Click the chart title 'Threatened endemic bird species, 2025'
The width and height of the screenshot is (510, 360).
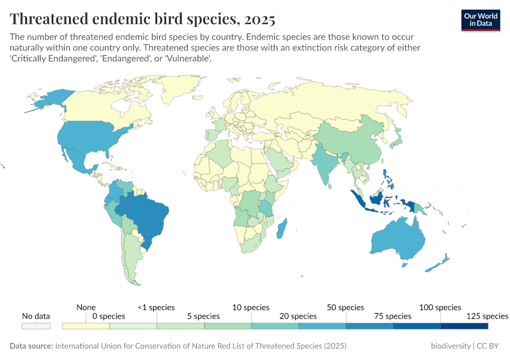pyautogui.click(x=142, y=19)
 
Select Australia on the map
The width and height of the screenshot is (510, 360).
pyautogui.click(x=399, y=240)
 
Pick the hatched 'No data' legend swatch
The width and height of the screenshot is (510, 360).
pyautogui.click(x=36, y=326)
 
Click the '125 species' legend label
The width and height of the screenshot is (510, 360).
pyautogui.click(x=487, y=316)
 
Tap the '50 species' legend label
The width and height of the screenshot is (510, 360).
pyautogui.click(x=346, y=307)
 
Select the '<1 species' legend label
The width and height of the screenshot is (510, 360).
pyautogui.click(x=156, y=307)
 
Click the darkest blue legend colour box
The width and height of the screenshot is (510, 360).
pyautogui.click(x=464, y=326)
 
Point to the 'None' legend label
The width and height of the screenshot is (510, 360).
pyautogui.click(x=86, y=307)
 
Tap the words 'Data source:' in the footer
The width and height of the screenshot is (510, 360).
pyautogui.click(x=31, y=346)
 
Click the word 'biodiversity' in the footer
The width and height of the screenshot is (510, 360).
pyautogui.click(x=451, y=346)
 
